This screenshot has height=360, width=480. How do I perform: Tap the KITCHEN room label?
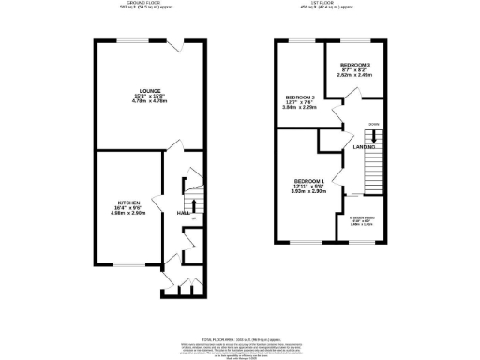(127, 202)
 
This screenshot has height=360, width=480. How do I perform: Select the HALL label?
(185, 213)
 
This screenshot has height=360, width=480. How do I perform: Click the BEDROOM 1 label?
(308, 180)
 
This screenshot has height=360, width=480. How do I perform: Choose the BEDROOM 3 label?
(355, 65)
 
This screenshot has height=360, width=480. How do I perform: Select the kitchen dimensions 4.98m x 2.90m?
(127, 213)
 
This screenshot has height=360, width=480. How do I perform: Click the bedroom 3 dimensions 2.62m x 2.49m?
(355, 76)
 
